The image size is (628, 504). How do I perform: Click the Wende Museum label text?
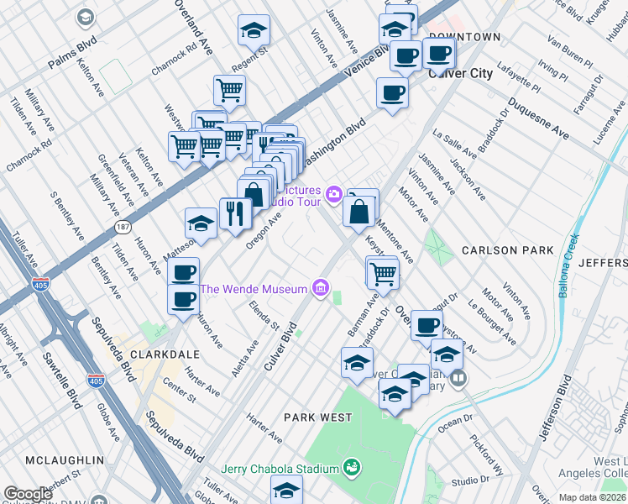(x=254, y=290)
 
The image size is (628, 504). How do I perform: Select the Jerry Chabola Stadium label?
(x=279, y=468)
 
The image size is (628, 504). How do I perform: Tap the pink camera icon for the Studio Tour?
(x=334, y=195)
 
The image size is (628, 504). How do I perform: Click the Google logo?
(x=28, y=494)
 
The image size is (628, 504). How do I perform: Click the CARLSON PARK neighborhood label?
(x=507, y=250)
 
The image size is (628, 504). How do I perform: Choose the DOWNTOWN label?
(x=464, y=37)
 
